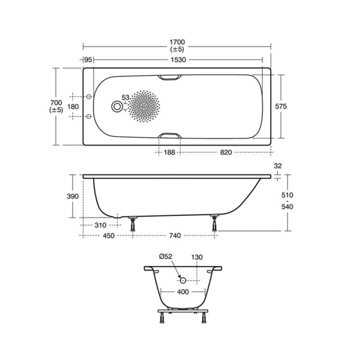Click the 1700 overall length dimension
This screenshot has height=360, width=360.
(x=177, y=42)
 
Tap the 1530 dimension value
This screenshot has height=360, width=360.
(x=178, y=60)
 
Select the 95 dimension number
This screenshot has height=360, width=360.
(x=88, y=60)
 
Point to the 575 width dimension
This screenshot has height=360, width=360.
(x=281, y=106)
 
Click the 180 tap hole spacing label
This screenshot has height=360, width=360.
(x=73, y=107)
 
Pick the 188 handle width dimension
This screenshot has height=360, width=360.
(x=170, y=153)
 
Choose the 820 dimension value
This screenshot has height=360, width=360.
(x=226, y=153)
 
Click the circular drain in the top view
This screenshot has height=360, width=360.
(x=117, y=107)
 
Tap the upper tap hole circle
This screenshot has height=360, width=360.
(x=89, y=97)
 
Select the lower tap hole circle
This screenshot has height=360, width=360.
(x=89, y=117)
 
